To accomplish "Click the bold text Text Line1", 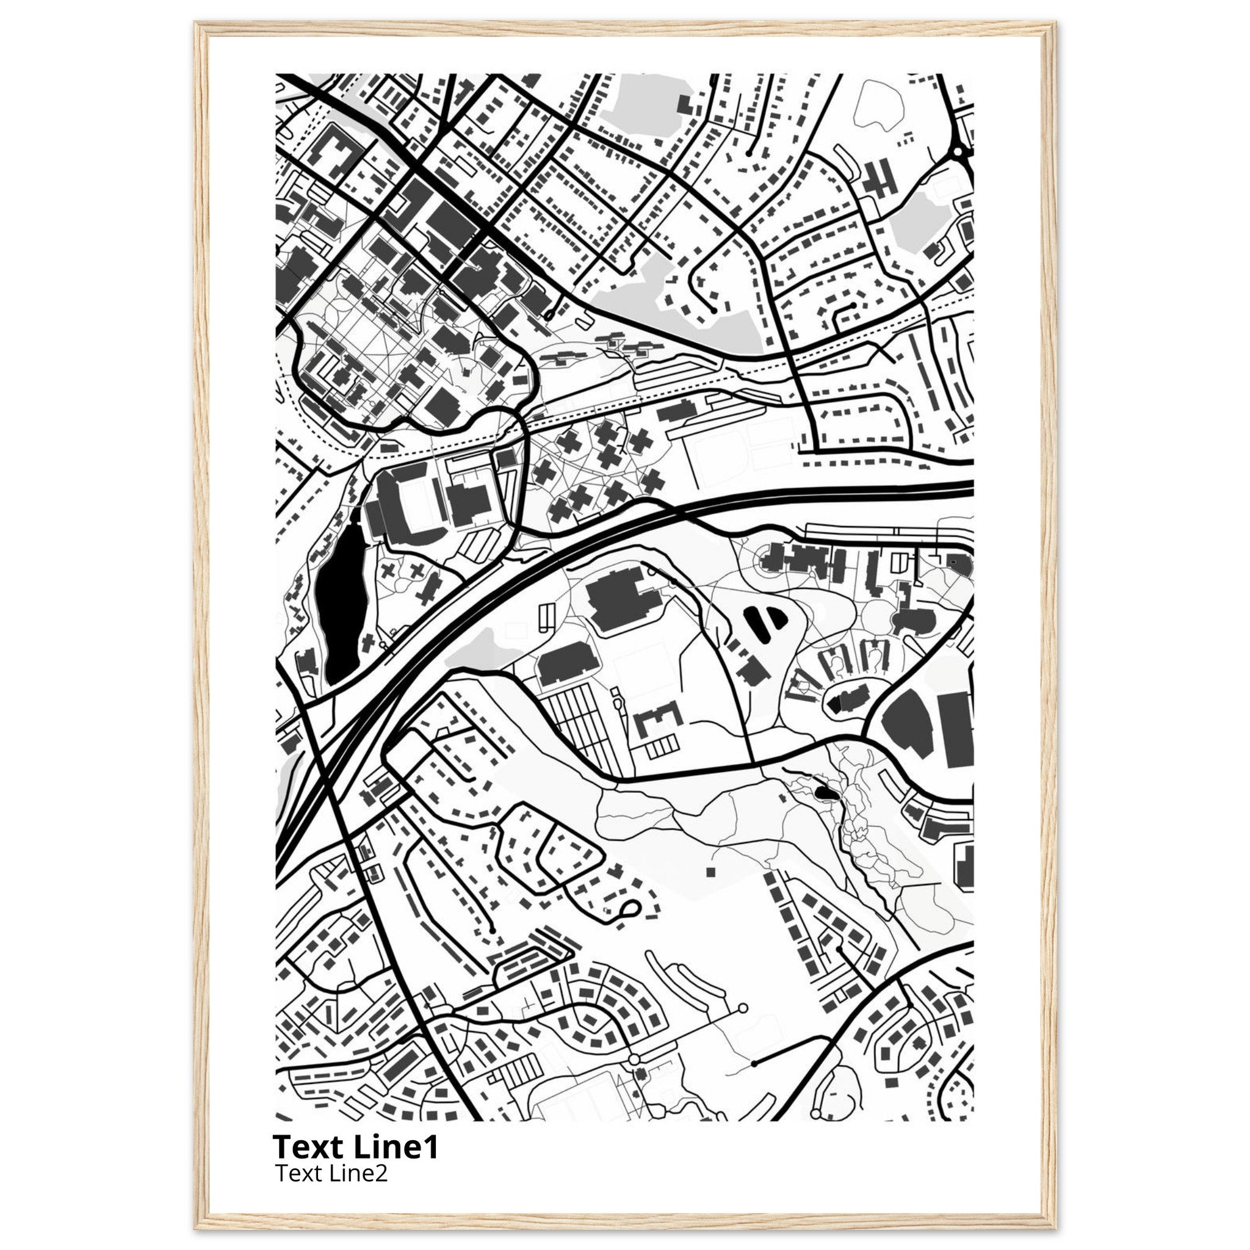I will tap(356, 1147).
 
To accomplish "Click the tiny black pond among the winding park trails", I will tap(824, 793).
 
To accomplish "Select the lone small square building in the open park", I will tap(710, 872).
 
